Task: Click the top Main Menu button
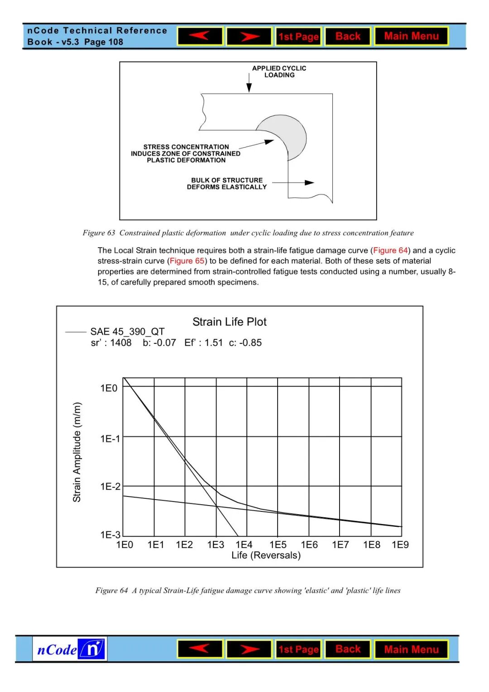click(x=411, y=36)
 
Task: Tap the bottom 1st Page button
click(x=298, y=649)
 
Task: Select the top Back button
click(x=348, y=36)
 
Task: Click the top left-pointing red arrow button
click(x=200, y=36)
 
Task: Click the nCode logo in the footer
click(x=70, y=649)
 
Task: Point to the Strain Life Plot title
click(x=230, y=322)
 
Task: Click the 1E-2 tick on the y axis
click(x=110, y=487)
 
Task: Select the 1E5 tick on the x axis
click(x=278, y=545)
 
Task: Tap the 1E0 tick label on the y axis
click(x=109, y=388)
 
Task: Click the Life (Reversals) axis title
click(x=266, y=555)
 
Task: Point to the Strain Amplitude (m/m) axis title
click(x=77, y=452)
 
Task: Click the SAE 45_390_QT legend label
click(x=127, y=332)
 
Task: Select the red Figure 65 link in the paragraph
click(x=187, y=261)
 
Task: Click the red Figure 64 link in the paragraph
click(x=390, y=251)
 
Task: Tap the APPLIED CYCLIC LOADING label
click(x=279, y=72)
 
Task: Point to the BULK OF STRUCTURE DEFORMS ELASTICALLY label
click(x=227, y=183)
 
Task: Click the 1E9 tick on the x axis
click(x=400, y=545)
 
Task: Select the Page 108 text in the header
click(x=104, y=42)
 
